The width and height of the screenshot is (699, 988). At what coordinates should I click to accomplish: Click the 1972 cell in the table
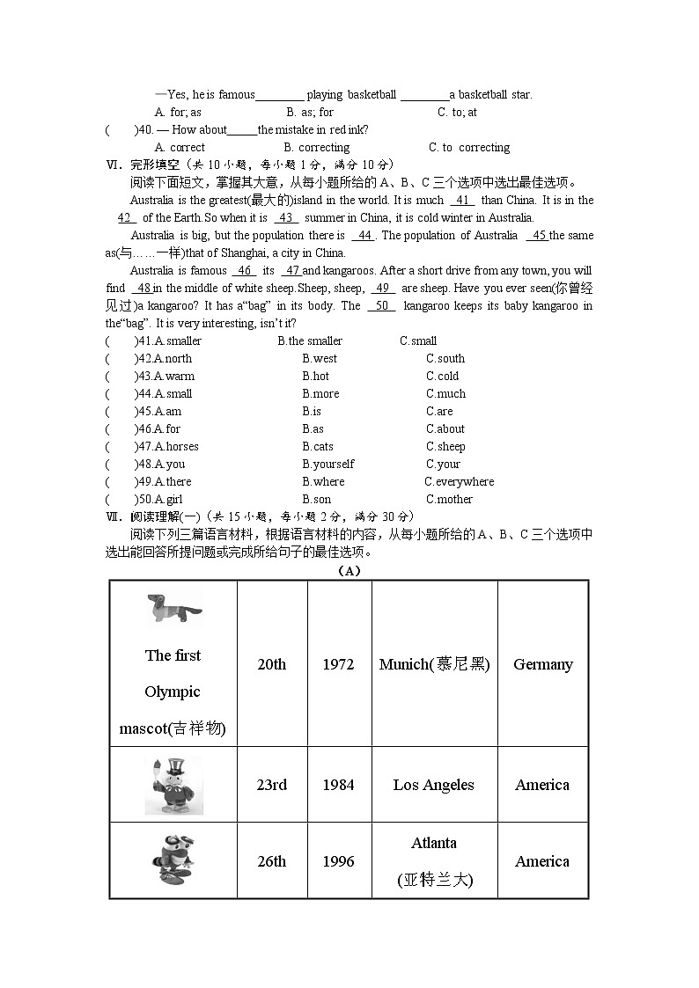tap(338, 664)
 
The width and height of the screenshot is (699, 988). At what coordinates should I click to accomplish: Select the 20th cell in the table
tap(271, 664)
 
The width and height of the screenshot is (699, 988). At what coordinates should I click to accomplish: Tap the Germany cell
tap(542, 664)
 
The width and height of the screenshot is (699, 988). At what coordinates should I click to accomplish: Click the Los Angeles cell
tap(433, 785)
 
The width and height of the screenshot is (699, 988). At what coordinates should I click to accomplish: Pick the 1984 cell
tap(338, 785)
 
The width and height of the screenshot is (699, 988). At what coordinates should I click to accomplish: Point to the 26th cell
tap(271, 861)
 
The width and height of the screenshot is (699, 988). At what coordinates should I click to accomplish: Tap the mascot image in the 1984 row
tap(173, 785)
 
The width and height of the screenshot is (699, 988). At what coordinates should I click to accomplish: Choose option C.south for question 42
tap(445, 358)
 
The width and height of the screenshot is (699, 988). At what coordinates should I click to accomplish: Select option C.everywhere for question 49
tap(459, 481)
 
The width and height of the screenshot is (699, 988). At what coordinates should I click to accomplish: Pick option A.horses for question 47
tap(176, 446)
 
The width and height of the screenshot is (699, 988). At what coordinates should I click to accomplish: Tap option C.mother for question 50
tap(449, 499)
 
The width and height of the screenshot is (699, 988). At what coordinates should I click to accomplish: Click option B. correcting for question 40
tap(317, 147)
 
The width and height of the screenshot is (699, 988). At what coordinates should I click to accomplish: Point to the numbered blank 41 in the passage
tap(461, 200)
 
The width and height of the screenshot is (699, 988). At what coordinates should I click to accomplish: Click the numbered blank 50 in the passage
tap(380, 305)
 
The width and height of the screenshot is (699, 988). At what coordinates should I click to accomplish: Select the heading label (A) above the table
tap(349, 570)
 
